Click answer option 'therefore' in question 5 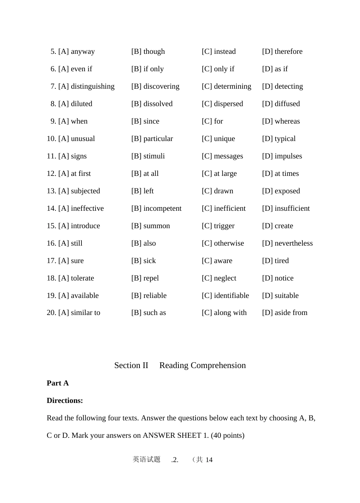(x=288, y=52)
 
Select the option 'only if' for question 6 (x=224, y=69)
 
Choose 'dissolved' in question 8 (x=158, y=104)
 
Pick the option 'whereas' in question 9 (x=287, y=121)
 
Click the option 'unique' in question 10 (x=224, y=139)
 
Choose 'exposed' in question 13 (x=287, y=191)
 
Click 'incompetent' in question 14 (x=163, y=208)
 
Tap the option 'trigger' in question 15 (x=224, y=226)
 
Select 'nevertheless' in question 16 (x=294, y=243)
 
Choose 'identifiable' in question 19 (x=232, y=296)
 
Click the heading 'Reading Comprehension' (x=202, y=365)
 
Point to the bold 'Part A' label (x=58, y=383)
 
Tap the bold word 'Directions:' (x=65, y=401)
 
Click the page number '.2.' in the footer (x=175, y=460)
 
